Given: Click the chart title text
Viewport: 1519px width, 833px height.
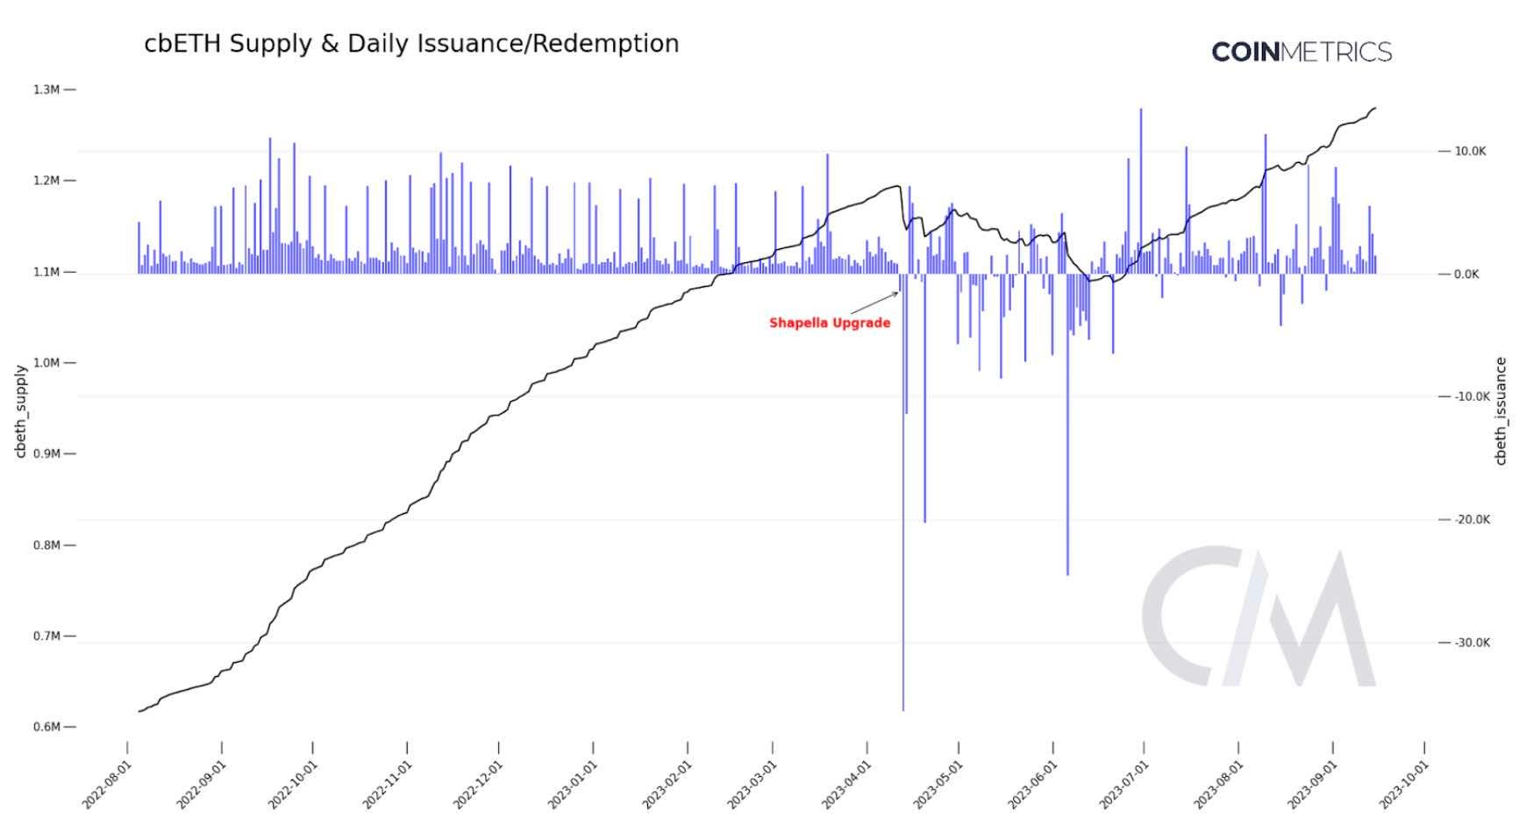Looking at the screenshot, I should coord(411,44).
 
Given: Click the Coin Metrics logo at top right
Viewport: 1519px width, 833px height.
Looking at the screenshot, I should coord(1301,52).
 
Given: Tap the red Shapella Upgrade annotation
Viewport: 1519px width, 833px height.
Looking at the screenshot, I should coord(830,323).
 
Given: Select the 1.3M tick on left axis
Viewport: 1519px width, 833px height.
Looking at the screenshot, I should coord(46,89).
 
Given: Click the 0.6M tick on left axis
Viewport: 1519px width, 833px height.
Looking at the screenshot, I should coord(46,727).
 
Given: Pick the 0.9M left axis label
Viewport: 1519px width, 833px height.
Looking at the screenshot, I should coord(46,453).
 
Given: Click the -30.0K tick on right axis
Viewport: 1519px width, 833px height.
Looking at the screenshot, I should coord(1471,643).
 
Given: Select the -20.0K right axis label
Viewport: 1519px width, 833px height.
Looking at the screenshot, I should coord(1471,520).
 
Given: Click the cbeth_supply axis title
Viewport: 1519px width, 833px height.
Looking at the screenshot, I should coord(20,410).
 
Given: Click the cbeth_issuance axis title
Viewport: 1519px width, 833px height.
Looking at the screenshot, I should coord(1501,410).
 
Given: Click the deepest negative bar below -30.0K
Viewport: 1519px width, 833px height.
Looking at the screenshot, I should coord(903,614).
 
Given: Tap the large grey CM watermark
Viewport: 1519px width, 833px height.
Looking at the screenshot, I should coord(1259,617).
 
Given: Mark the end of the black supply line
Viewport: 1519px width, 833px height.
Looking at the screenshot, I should coord(1375,108).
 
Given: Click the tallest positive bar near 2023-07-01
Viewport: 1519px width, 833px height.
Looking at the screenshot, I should coord(1141,175).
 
